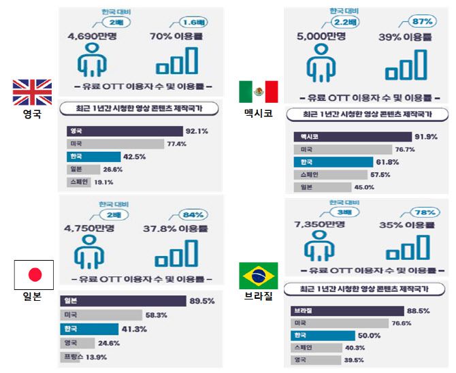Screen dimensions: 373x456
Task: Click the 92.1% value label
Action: (197, 131)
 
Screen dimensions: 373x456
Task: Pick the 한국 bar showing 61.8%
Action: (333, 162)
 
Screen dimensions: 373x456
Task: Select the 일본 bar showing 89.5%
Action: (123, 301)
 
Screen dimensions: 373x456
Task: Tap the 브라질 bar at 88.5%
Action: (347, 310)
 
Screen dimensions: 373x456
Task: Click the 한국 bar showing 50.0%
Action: (324, 336)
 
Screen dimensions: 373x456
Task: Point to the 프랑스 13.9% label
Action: (85, 357)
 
